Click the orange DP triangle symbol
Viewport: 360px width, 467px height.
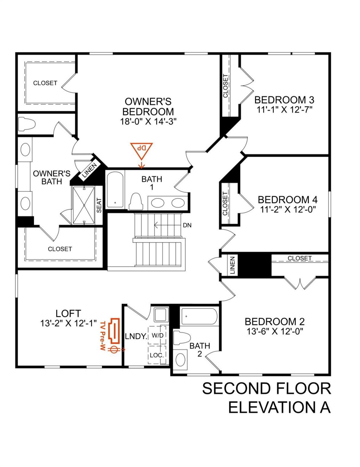(x=141, y=150)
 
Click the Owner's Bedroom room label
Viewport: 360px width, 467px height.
(x=148, y=106)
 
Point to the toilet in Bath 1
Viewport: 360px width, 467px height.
(x=136, y=201)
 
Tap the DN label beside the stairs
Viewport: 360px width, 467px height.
(x=187, y=225)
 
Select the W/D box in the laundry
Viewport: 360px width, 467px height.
(x=157, y=335)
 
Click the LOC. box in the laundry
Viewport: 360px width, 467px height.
(x=157, y=355)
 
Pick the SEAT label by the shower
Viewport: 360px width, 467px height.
(x=99, y=205)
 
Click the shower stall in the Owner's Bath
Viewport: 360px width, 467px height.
(x=83, y=205)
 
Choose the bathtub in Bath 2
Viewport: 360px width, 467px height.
(x=199, y=317)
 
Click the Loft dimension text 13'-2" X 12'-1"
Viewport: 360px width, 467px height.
(x=68, y=323)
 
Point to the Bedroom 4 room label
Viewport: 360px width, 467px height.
(x=287, y=200)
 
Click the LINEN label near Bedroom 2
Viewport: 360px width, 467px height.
(x=232, y=265)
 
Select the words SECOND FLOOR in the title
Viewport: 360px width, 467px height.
(x=266, y=389)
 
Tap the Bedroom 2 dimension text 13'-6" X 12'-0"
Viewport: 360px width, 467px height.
(x=275, y=331)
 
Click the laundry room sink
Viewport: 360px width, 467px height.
(x=161, y=314)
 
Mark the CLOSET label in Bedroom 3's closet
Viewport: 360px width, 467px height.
(x=225, y=86)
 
